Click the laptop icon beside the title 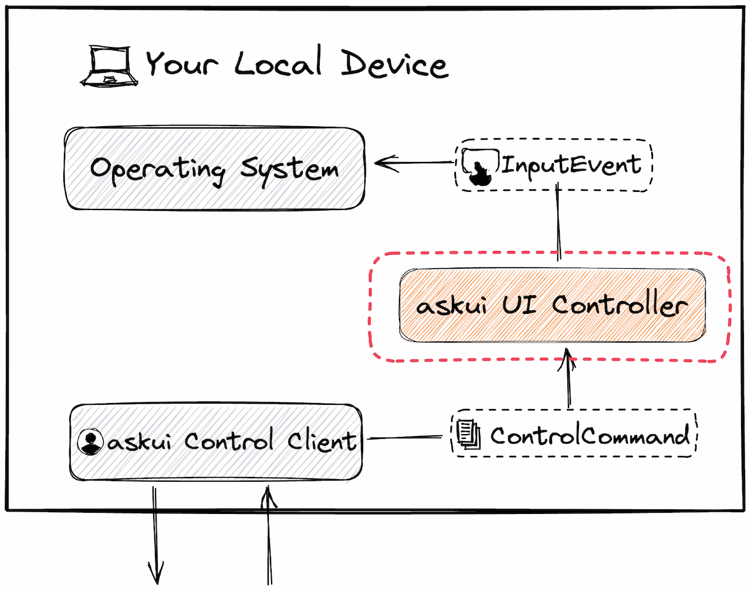point(109,66)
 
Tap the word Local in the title point(278,62)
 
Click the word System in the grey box point(289,170)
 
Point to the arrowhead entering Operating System point(381,163)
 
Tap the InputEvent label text point(570,164)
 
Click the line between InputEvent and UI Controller point(558,223)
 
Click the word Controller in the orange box point(619,305)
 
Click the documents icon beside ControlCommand point(469,435)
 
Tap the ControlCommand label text point(590,436)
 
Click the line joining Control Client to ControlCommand point(405,438)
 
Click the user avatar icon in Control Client point(90,442)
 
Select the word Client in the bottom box point(321,441)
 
